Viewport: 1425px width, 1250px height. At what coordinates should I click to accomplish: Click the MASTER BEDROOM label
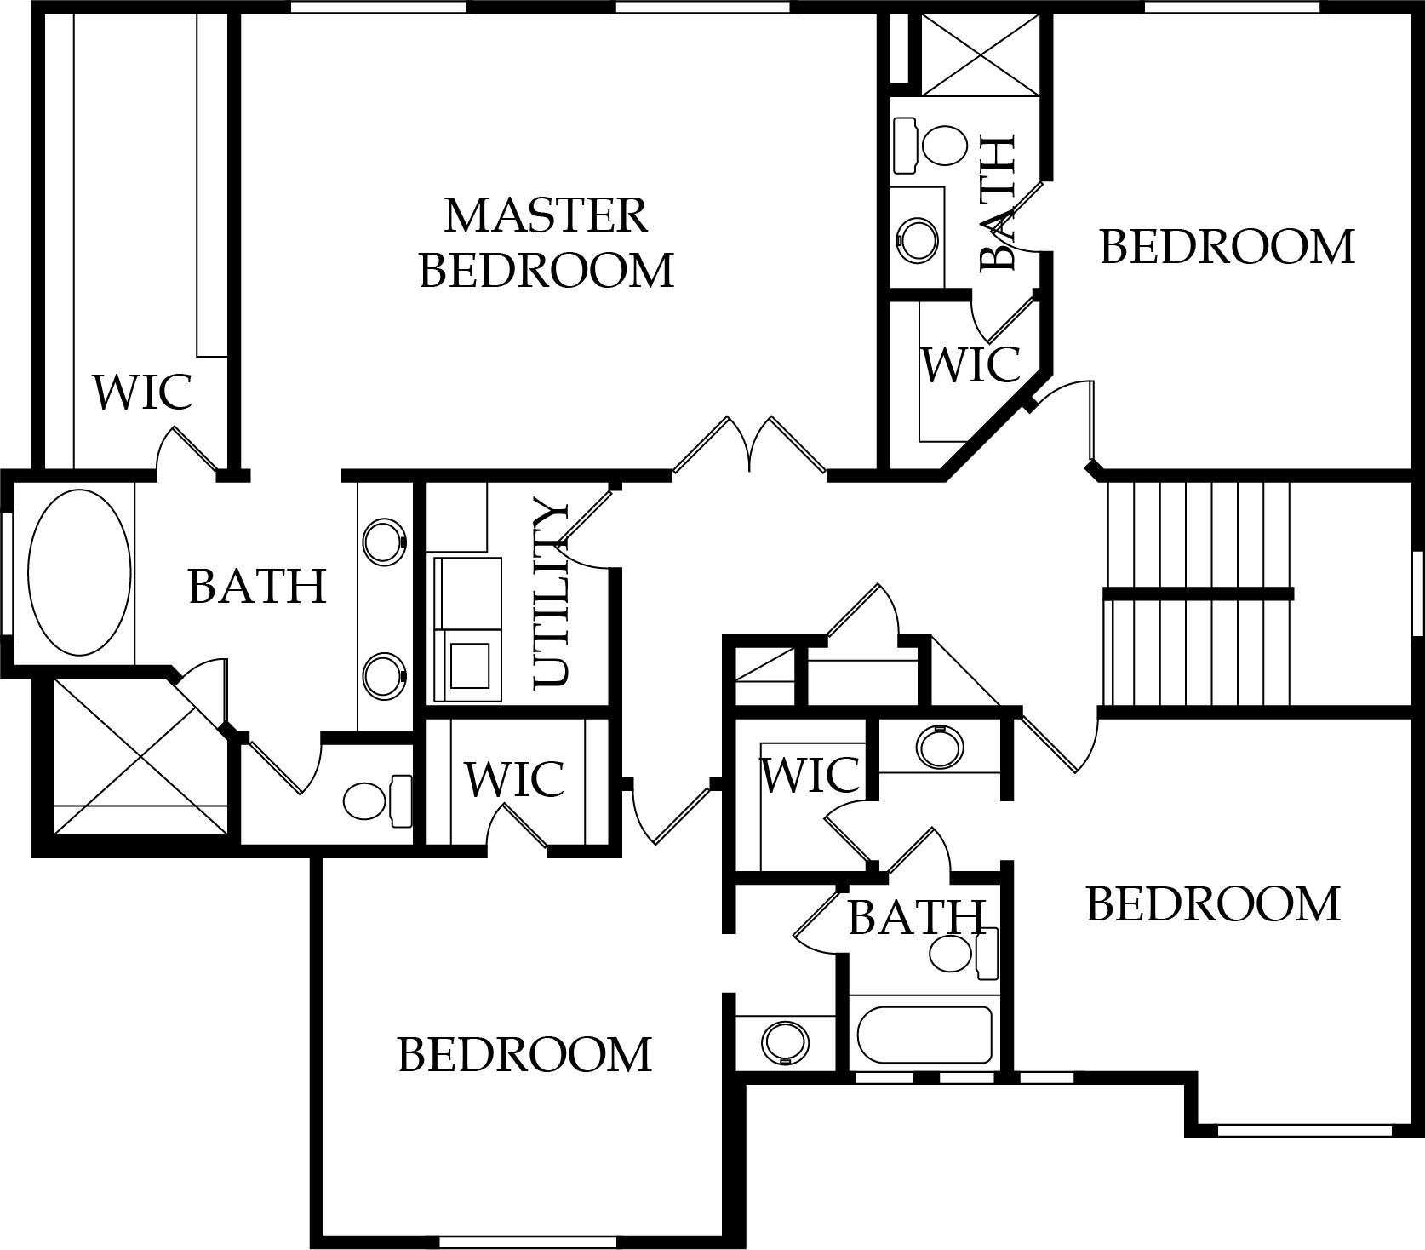click(x=547, y=243)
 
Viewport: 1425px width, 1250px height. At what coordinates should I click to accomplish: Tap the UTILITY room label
click(x=550, y=594)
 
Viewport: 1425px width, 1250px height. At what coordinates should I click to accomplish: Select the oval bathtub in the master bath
click(x=80, y=572)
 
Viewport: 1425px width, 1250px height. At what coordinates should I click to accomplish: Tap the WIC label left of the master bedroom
click(x=142, y=392)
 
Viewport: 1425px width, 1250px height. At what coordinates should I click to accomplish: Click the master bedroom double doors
click(x=749, y=444)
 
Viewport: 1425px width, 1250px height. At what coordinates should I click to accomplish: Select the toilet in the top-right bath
click(x=931, y=145)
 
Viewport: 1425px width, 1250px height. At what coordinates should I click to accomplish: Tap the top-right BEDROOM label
click(x=1227, y=247)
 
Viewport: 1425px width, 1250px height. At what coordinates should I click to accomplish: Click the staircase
click(x=1198, y=593)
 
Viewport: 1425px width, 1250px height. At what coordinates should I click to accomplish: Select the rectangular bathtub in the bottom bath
click(x=924, y=1035)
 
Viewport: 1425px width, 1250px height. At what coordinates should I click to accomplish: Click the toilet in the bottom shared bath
click(x=964, y=954)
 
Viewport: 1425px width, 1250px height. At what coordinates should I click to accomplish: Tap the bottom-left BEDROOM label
click(x=524, y=1054)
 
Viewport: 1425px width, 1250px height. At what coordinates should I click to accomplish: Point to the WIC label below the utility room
click(x=514, y=777)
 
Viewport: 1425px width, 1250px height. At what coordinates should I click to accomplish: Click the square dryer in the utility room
click(x=469, y=665)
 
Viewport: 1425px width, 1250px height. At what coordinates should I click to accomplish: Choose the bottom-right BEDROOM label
click(x=1213, y=904)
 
